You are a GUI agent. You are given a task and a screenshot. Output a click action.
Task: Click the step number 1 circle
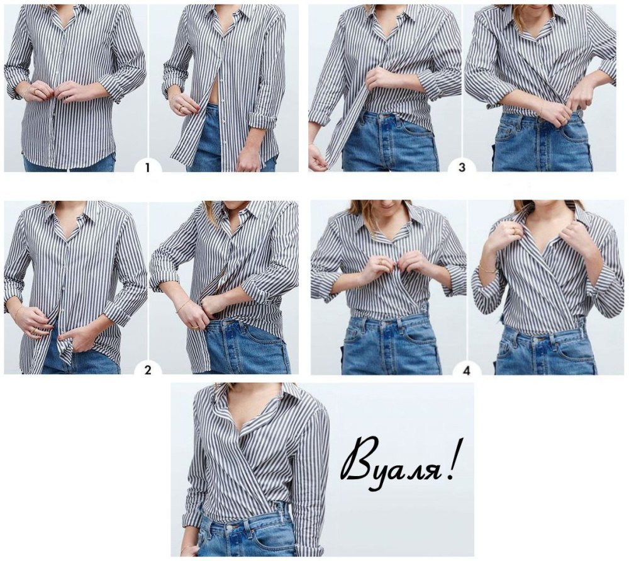147,167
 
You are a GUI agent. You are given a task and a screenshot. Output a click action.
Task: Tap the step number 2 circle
148,370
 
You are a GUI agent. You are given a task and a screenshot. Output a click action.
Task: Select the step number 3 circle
462,167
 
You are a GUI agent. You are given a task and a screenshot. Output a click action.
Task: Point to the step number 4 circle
466,370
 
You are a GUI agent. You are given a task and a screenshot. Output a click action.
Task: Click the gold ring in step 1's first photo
37,91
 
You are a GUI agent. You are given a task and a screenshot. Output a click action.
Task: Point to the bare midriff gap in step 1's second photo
212,91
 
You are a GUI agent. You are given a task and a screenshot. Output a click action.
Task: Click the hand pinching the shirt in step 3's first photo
379,81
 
